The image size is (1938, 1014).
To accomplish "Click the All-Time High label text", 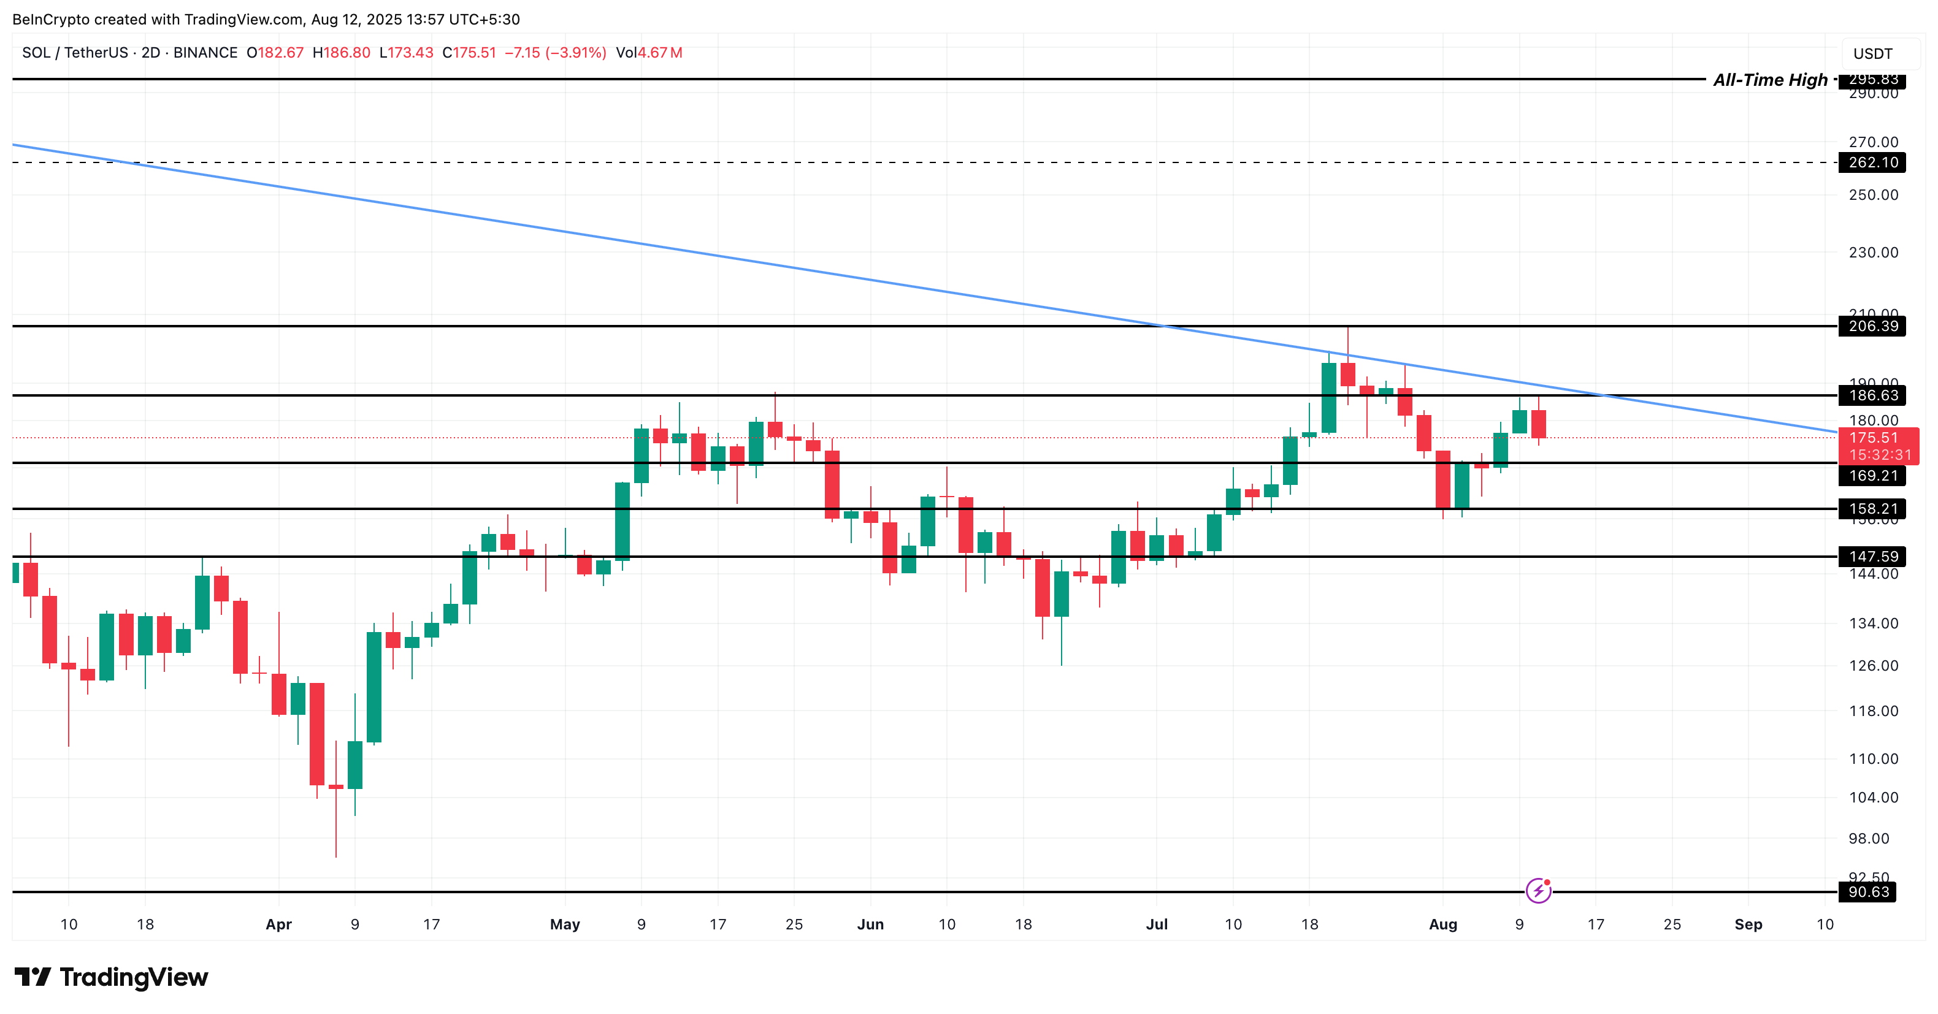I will coord(1769,80).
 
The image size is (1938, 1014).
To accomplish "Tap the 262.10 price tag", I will coord(1872,162).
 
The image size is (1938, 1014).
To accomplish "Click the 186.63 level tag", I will coord(1872,395).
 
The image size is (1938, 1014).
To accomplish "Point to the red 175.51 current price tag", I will coord(1878,438).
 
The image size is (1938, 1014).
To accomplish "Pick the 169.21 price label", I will coord(1872,475).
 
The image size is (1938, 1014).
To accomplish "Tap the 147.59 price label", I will coord(1872,557).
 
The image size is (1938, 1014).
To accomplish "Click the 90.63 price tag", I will coord(1868,892).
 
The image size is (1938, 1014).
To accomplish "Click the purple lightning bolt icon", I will coord(1538,891).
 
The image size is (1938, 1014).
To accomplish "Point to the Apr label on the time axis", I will coord(278,924).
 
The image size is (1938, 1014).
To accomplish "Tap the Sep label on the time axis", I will coord(1748,924).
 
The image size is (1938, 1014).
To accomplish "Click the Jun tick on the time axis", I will coord(870,924).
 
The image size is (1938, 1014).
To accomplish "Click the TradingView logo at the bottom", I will coord(112,977).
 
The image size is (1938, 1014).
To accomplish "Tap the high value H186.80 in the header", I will coord(342,53).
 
